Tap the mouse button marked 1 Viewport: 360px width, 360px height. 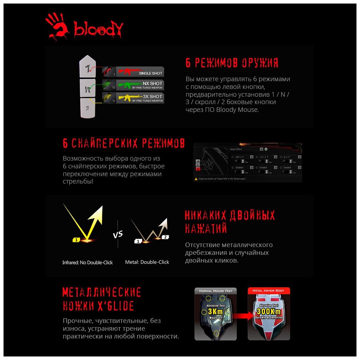[87, 67]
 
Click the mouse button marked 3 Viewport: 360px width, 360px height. [86, 107]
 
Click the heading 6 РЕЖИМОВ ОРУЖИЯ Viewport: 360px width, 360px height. [232, 63]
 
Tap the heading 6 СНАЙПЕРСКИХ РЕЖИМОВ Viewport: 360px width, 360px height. [124, 143]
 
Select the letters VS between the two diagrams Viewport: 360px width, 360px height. [118, 234]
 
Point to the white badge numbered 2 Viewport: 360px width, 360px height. [166, 237]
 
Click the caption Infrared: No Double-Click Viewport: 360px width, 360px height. [88, 263]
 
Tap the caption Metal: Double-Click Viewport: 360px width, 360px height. [147, 262]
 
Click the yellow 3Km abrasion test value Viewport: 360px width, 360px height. [215, 312]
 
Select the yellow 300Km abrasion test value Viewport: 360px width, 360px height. [269, 311]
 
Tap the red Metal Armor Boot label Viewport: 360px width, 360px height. [268, 291]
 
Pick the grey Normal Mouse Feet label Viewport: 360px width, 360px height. [215, 291]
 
